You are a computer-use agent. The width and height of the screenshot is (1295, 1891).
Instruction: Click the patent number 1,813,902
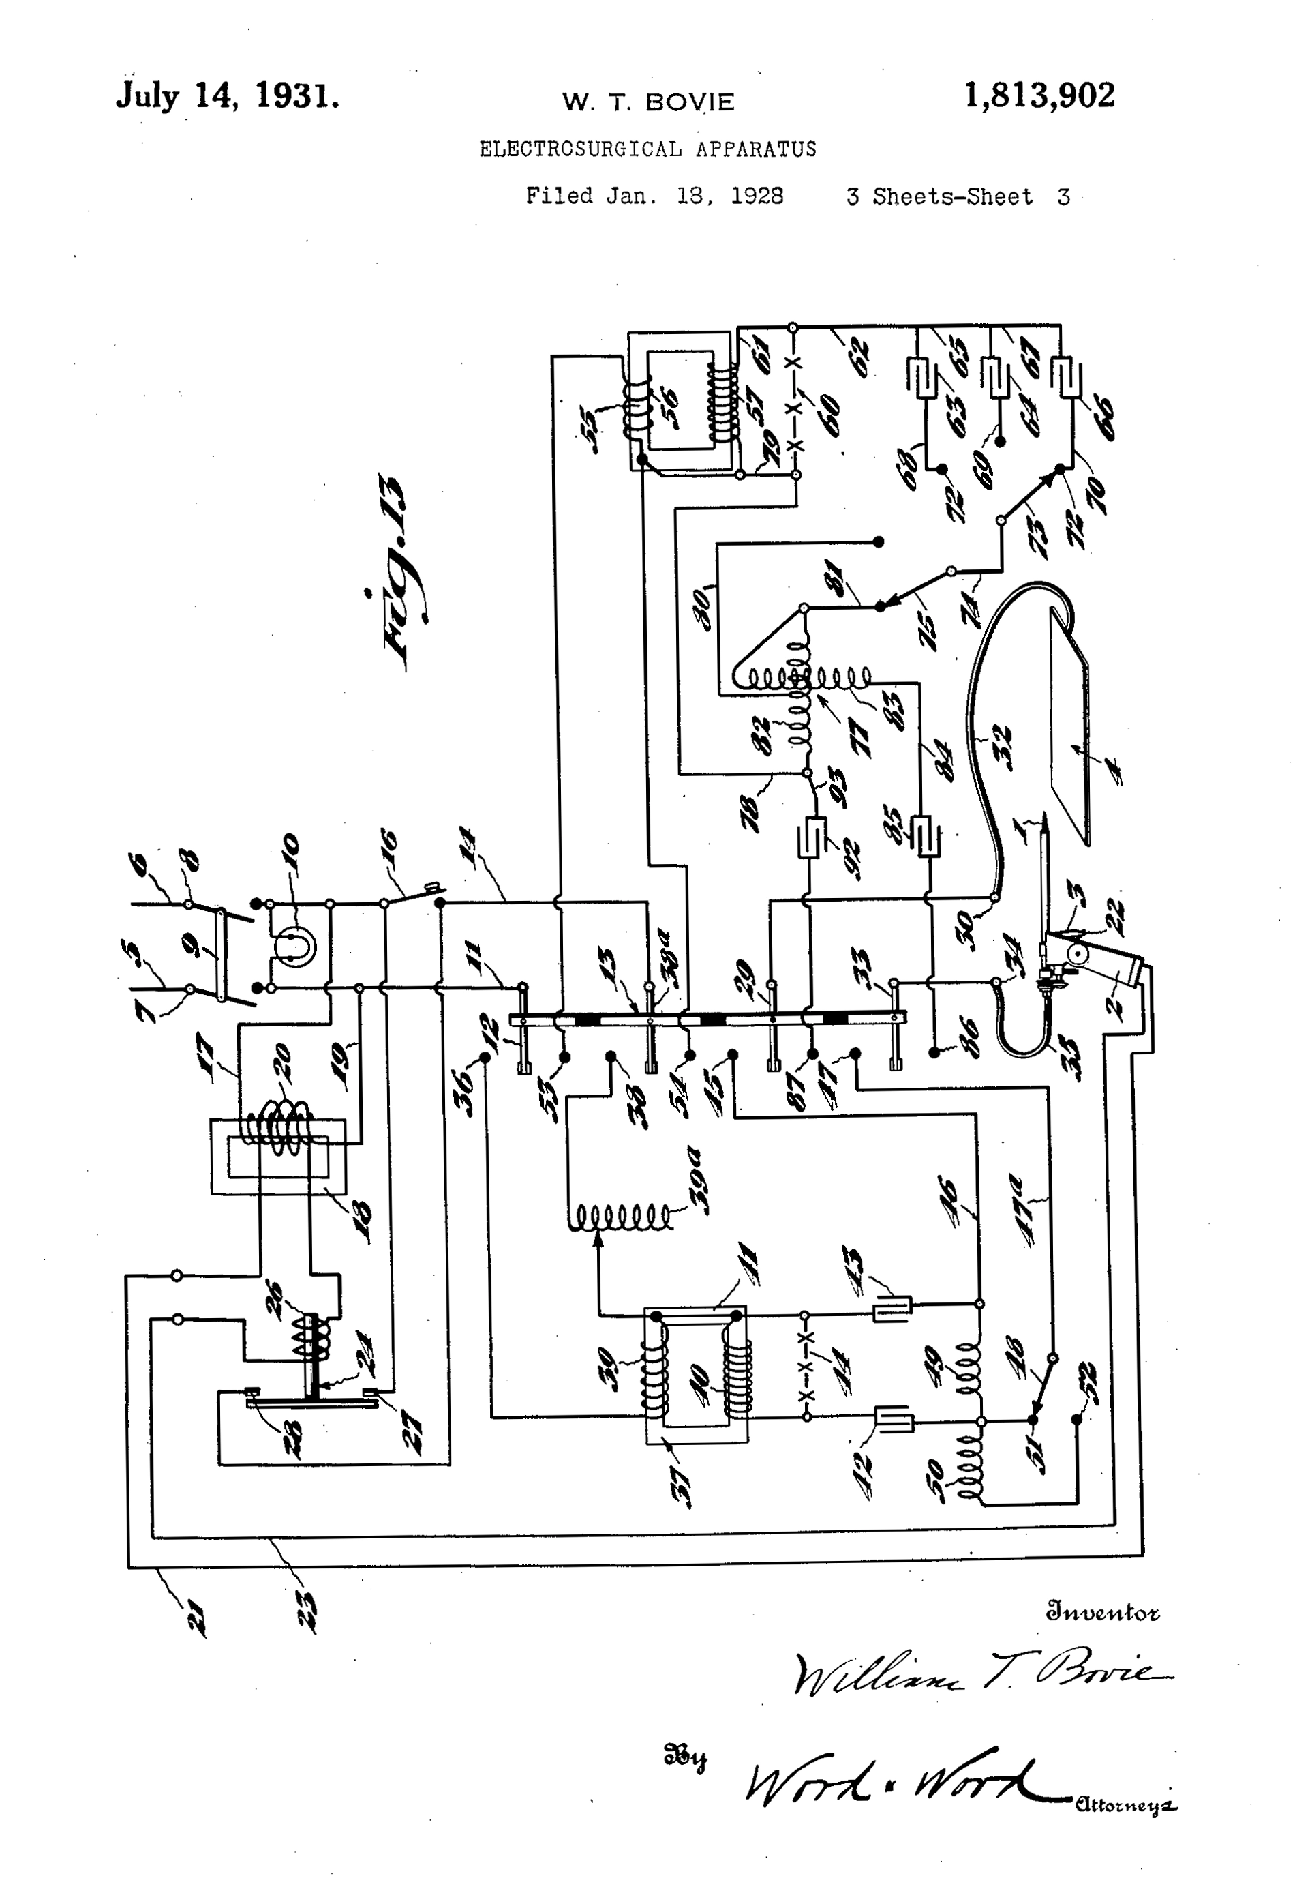1039,97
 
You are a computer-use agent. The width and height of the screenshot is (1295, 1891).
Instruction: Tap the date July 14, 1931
227,98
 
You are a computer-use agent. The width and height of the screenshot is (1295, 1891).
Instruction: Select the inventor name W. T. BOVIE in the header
647,102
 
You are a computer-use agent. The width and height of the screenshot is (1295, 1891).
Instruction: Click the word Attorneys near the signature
1125,1806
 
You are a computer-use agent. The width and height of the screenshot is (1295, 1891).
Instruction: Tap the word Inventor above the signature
1102,1611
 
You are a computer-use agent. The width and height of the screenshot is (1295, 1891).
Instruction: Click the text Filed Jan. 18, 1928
654,196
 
